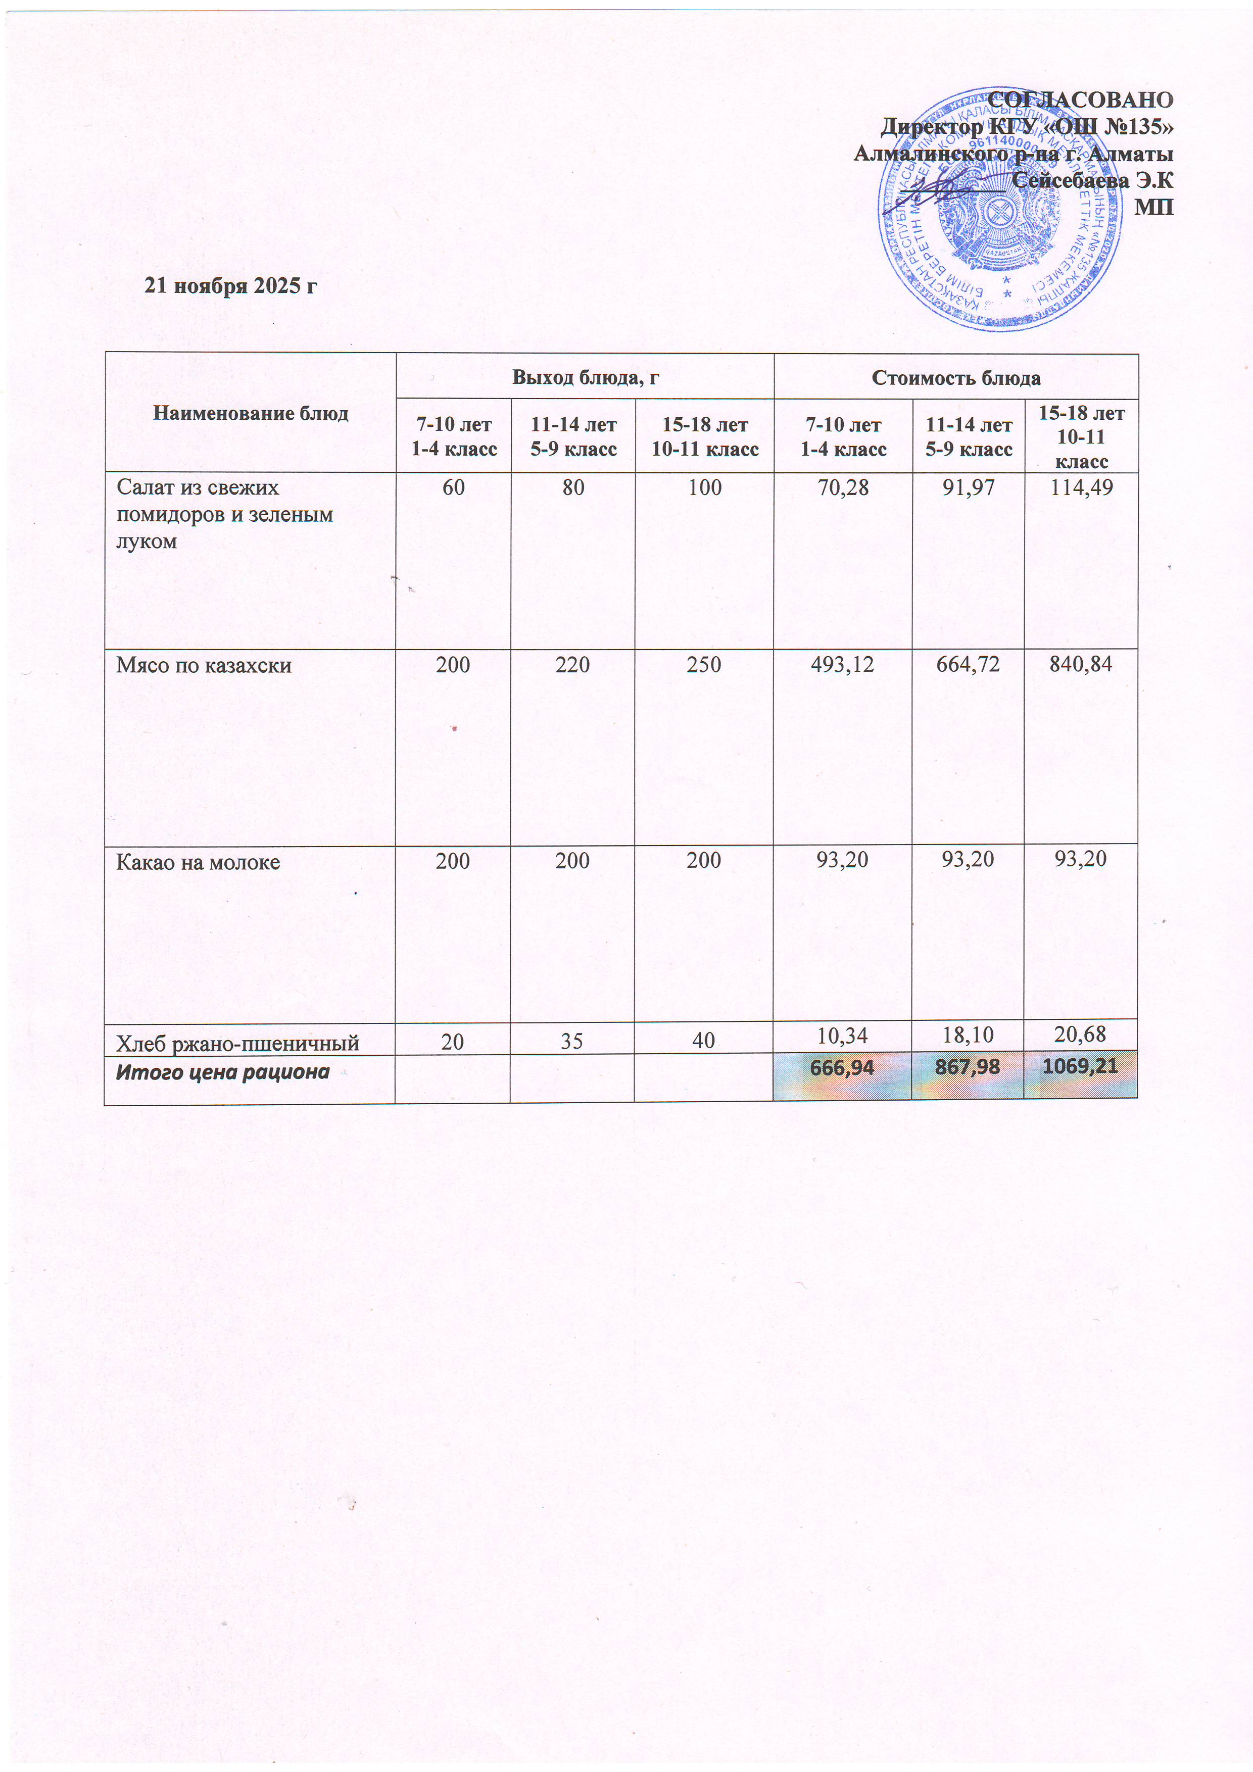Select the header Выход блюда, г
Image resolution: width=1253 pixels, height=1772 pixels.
point(585,377)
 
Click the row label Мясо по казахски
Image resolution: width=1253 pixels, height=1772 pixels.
point(204,665)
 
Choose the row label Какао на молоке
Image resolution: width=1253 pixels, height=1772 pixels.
point(198,862)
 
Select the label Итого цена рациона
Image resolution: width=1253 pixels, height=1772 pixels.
point(222,1072)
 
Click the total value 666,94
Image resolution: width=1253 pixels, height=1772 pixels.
point(842,1067)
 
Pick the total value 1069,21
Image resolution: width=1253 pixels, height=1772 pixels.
point(1080,1067)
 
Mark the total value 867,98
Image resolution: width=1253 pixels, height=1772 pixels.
point(968,1067)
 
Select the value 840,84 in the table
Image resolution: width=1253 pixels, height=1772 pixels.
point(1080,664)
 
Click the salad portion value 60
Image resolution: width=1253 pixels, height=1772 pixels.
point(453,488)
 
